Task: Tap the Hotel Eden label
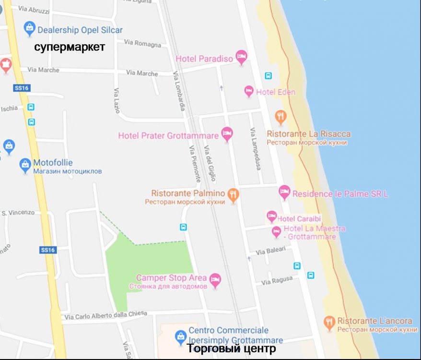[276, 92]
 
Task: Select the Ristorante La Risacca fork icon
[281, 117]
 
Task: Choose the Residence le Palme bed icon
[284, 192]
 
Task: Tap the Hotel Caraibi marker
[272, 217]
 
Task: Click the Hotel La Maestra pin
[276, 232]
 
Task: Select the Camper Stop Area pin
[215, 279]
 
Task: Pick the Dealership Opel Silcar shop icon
[30, 29]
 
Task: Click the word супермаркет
[69, 48]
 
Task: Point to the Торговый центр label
[231, 349]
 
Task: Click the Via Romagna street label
[142, 44]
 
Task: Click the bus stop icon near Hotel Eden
[268, 75]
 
